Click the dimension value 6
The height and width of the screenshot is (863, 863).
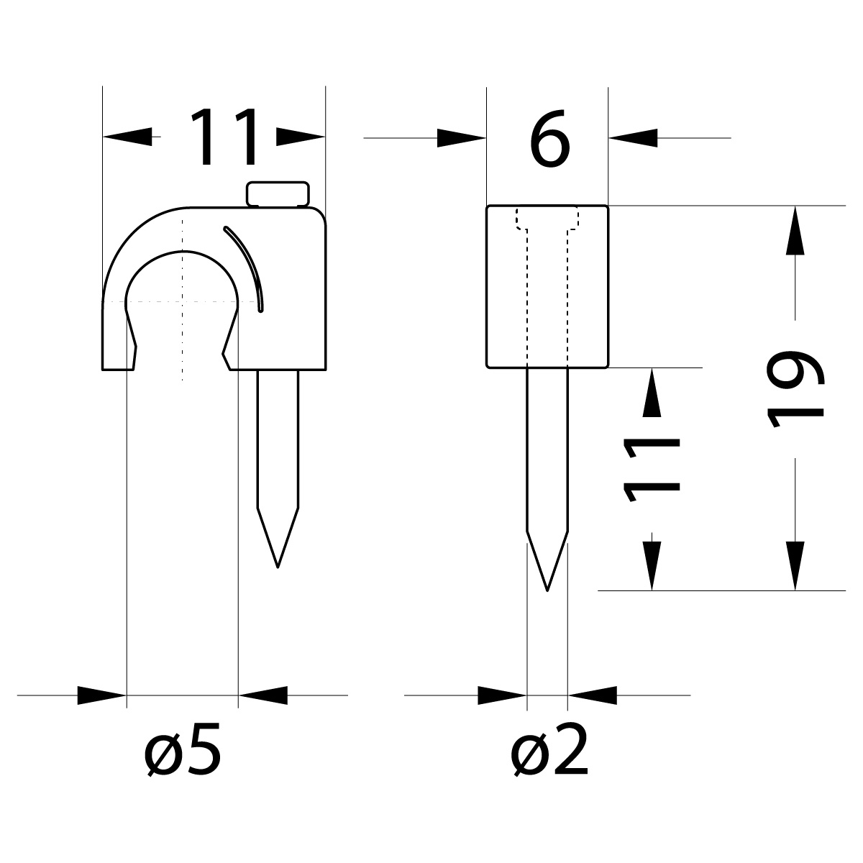(x=550, y=140)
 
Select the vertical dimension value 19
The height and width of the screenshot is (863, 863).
(x=795, y=390)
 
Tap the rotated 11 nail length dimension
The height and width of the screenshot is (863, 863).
(x=652, y=469)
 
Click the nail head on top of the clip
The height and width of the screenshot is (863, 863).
(x=278, y=194)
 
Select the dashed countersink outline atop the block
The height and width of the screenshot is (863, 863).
(x=547, y=219)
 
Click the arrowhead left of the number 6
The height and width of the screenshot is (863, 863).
(x=460, y=137)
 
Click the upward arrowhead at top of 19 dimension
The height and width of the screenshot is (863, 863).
(x=795, y=230)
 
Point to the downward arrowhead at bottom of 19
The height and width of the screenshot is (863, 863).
(x=795, y=565)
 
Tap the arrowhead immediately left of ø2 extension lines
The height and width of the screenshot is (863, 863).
(x=502, y=695)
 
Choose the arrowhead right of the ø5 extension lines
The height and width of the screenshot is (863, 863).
(x=263, y=695)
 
